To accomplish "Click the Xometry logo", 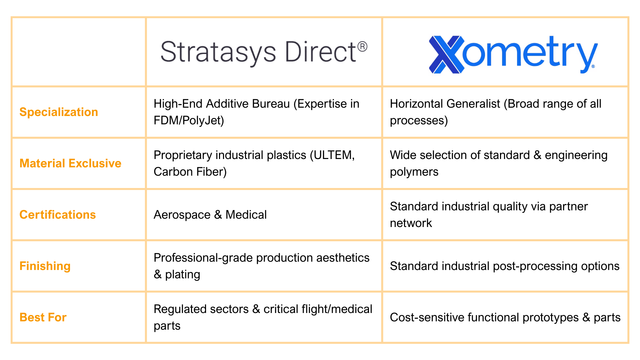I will click(x=513, y=54).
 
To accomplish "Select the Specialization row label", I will click(x=59, y=112).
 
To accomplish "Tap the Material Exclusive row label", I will click(x=70, y=163).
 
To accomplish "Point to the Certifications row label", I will click(x=58, y=215).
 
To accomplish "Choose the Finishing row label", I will click(x=45, y=266).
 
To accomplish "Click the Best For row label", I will click(x=43, y=317).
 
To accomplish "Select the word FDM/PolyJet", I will click(x=189, y=120).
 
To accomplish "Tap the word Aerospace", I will click(x=182, y=215).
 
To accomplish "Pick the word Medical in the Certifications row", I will click(x=246, y=215).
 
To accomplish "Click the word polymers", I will click(x=414, y=172).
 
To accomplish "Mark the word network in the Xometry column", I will click(x=411, y=223).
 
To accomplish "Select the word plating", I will click(x=183, y=274).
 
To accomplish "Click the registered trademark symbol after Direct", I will click(x=362, y=46).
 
